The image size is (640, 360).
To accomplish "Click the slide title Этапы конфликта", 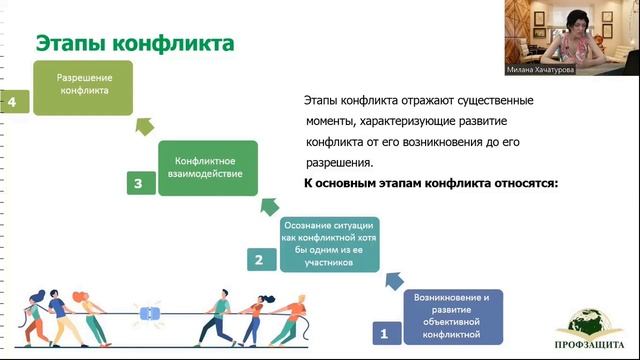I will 135,44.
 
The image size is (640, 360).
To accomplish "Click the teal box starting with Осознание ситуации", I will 330,244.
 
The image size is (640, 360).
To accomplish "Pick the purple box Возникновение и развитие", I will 452,314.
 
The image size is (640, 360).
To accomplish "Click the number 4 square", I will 13,101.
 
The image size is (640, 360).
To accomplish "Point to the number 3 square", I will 138,183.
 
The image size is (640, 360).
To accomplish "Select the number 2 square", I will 259,260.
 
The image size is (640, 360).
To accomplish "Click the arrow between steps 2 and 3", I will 267,206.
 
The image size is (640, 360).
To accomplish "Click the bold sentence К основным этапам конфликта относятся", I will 430,184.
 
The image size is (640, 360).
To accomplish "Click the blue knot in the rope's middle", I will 151,313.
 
